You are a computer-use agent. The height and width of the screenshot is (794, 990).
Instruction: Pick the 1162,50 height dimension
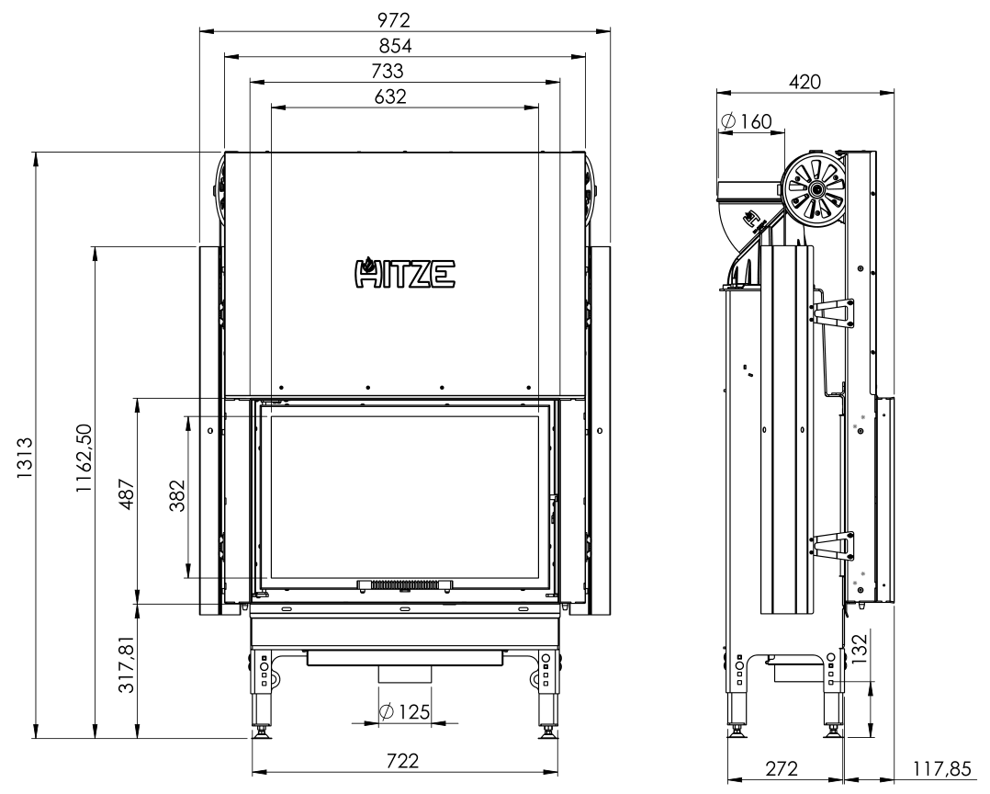pos(84,459)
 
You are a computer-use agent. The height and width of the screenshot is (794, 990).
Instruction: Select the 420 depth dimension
pos(804,80)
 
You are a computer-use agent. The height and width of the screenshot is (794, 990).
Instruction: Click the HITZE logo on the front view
pos(404,272)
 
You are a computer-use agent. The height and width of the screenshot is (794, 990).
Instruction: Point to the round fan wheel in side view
pos(814,190)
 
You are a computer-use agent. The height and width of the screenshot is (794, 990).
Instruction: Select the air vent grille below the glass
pos(404,584)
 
